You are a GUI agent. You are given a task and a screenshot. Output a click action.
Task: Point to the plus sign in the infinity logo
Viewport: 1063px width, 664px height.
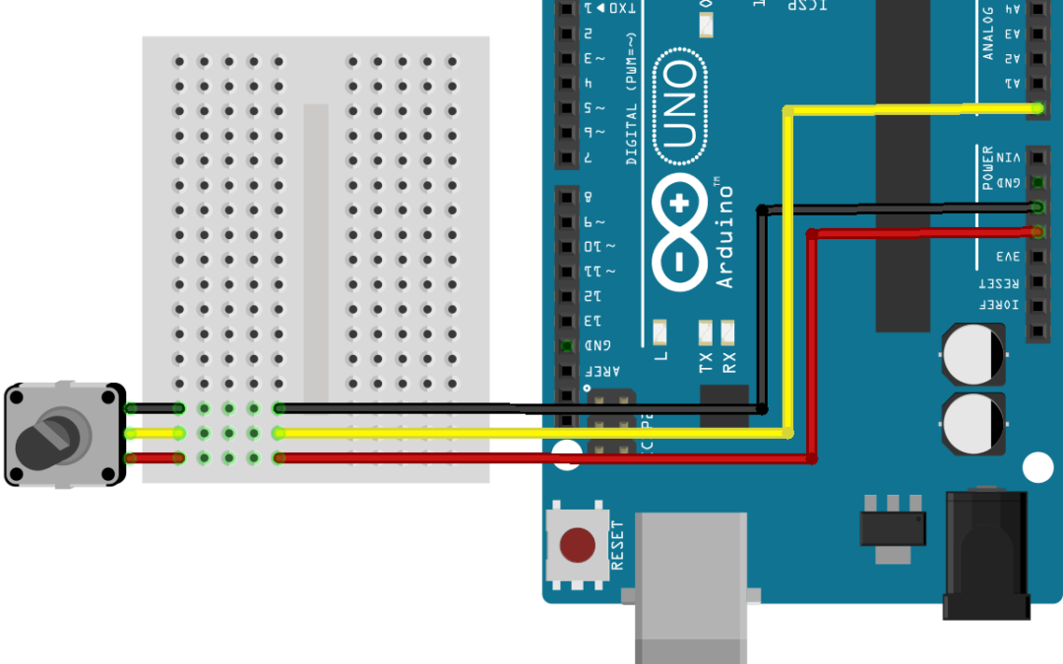pyautogui.click(x=679, y=206)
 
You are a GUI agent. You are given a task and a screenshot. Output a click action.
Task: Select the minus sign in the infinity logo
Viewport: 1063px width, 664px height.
pyautogui.click(x=679, y=264)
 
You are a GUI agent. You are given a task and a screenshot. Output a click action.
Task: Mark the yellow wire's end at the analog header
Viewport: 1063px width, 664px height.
pyautogui.click(x=1037, y=107)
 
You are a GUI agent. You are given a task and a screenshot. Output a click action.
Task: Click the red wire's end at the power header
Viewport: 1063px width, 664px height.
pyautogui.click(x=1037, y=232)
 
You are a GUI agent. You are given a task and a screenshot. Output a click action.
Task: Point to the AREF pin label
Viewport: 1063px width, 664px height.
pyautogui.click(x=597, y=371)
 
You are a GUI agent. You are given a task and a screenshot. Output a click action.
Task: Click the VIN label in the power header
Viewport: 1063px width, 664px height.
pyautogui.click(x=1009, y=157)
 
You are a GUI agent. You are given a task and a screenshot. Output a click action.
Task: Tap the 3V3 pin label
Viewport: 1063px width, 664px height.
pyautogui.click(x=1009, y=257)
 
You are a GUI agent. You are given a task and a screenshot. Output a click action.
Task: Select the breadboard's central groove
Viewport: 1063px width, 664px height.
pyautogui.click(x=316, y=246)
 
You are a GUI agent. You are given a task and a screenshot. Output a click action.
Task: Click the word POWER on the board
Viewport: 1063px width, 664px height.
pyautogui.click(x=988, y=167)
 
